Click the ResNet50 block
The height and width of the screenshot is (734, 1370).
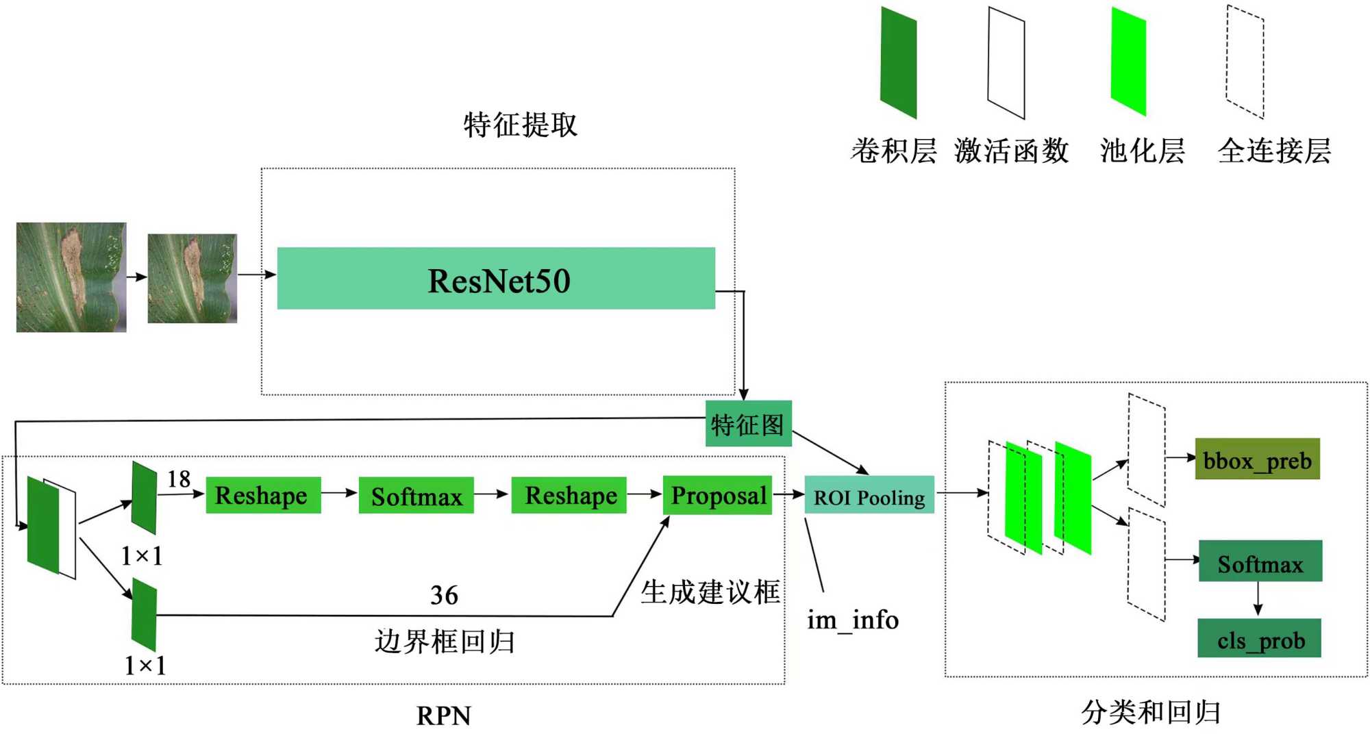tap(496, 279)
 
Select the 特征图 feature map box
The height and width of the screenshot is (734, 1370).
tap(748, 425)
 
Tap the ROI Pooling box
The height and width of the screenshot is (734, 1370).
tap(869, 495)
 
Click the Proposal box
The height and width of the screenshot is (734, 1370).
tap(717, 495)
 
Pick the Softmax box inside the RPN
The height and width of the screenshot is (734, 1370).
tap(416, 496)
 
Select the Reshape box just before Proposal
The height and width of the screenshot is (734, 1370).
tap(569, 496)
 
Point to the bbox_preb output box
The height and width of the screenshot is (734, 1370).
tap(1257, 459)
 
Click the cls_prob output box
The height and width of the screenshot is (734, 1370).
tap(1259, 639)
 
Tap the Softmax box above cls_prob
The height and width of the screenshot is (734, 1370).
tap(1260, 561)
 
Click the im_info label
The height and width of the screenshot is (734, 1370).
tap(852, 620)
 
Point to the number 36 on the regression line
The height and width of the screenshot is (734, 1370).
tap(444, 596)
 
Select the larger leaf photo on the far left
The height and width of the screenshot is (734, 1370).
tap(71, 277)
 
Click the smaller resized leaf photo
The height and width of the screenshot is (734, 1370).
tap(192, 278)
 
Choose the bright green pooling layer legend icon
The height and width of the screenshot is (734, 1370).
tap(1128, 62)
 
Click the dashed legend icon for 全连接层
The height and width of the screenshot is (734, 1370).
tap(1245, 62)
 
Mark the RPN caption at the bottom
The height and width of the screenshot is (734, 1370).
tap(444, 716)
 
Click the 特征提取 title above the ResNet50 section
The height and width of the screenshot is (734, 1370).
tap(520, 125)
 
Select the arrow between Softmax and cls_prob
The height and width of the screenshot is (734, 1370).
tap(1258, 599)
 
